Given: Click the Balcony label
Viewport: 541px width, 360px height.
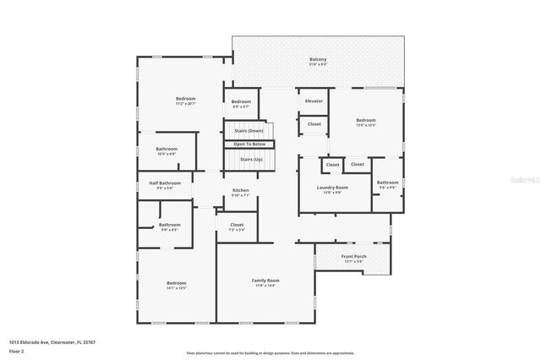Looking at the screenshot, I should pos(318,59).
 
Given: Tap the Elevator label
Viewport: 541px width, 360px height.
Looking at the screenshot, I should pos(314,101).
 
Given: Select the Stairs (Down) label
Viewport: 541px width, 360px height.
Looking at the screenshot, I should pos(249,131).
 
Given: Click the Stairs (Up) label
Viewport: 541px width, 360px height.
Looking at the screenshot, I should pos(251,159).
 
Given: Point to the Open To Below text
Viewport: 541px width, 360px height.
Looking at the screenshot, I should pos(249,145).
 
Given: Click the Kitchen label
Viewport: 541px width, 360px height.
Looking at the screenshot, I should pos(241,190).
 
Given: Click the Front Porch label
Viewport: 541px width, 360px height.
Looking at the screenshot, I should pos(352,256).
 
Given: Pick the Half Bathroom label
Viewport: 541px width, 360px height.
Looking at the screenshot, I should pos(165,183).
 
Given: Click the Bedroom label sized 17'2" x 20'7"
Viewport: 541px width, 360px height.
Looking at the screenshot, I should pos(186,99).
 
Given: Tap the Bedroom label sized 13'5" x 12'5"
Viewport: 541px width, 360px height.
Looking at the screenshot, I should pos(365,120).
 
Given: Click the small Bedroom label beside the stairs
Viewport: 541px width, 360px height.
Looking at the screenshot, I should pos(241,101).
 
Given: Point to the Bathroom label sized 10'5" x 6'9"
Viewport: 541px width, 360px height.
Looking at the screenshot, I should pos(167,149).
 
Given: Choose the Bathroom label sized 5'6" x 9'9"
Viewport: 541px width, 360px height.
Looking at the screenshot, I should pos(387,182).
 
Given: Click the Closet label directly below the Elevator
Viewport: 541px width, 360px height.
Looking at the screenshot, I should pos(314,123).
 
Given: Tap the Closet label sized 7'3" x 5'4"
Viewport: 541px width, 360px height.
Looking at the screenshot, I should pos(237,225).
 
